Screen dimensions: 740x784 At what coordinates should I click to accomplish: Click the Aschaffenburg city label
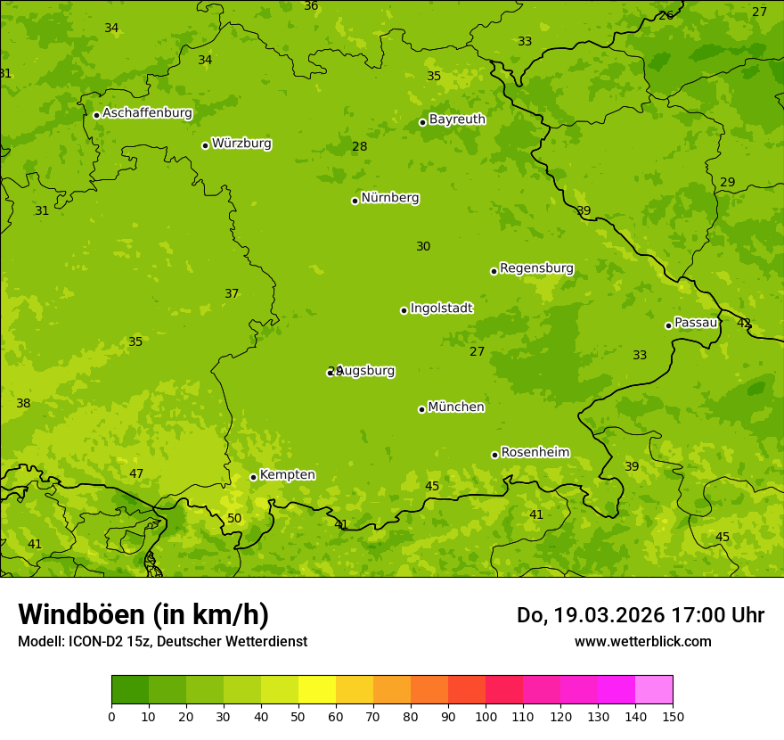coord(147,113)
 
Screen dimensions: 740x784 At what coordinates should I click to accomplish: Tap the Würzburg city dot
coord(205,145)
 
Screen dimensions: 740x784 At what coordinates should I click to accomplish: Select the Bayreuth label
coord(457,119)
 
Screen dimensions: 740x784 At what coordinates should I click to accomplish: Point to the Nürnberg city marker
coord(355,201)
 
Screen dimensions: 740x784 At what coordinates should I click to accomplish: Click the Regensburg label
coord(536,268)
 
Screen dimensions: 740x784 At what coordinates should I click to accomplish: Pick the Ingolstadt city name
coord(441,308)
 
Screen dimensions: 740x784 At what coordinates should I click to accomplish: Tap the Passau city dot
coord(668,325)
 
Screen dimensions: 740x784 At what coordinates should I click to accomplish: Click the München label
coord(456,407)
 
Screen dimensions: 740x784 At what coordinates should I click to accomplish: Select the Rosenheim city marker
coord(494,455)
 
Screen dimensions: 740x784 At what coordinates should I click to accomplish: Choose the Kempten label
coord(287,475)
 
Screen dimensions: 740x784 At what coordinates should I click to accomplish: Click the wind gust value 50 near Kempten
coord(234,518)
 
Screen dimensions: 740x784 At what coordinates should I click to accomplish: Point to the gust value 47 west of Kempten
coord(136,473)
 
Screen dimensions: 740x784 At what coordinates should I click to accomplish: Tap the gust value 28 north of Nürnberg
coord(359,147)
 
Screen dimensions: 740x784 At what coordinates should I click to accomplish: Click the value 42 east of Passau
coord(744,323)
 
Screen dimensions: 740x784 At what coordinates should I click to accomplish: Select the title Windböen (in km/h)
coord(143,614)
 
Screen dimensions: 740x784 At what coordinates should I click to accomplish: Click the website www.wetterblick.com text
coord(642,641)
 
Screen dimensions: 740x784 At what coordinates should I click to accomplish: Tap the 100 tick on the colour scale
coord(486,716)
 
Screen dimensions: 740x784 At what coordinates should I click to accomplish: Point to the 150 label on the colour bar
coord(673,716)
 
